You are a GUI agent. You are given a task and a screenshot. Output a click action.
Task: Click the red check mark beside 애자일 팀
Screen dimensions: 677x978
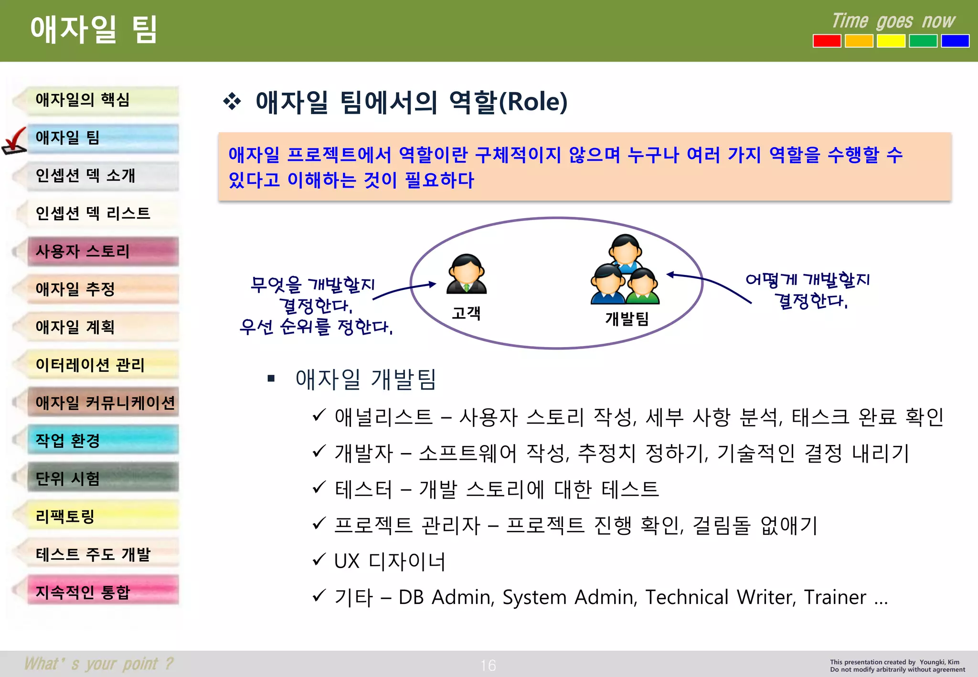tap(14, 141)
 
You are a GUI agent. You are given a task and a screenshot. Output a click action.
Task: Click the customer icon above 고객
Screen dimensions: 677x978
tap(466, 274)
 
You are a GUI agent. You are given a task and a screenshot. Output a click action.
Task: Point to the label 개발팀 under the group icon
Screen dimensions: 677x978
tap(627, 318)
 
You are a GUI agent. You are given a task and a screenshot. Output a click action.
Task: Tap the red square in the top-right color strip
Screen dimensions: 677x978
tap(827, 41)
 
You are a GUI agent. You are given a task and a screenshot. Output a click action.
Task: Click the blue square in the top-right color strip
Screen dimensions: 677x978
tap(955, 41)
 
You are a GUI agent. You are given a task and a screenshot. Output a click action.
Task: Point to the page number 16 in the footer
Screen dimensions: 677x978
tap(488, 665)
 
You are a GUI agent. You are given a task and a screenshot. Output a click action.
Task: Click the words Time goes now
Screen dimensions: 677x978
tap(893, 21)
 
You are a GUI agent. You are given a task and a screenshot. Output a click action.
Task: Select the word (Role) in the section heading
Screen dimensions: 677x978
tap(533, 102)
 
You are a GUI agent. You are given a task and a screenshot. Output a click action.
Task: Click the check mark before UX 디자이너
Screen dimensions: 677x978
tap(319, 559)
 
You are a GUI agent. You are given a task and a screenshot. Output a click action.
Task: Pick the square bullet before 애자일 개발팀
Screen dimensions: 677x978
tap(271, 379)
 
